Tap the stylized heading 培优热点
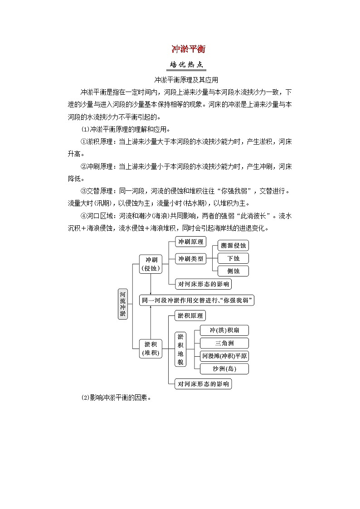(186, 65)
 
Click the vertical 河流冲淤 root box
(123, 304)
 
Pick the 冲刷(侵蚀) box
(151, 264)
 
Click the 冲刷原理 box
(190, 242)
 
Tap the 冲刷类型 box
(190, 259)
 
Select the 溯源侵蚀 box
(233, 246)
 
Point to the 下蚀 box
(233, 258)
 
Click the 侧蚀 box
(233, 271)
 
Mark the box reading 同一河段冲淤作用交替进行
(196, 300)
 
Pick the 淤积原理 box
(190, 315)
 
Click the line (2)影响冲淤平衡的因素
(116, 398)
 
